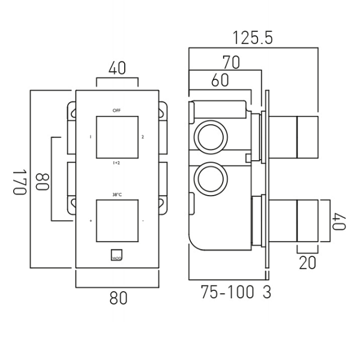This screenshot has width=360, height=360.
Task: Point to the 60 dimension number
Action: pos(220,80)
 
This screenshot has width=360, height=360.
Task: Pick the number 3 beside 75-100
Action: pos(267,293)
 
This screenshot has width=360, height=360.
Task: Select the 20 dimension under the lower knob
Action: pos(307,262)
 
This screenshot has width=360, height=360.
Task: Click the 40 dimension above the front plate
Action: pos(117,68)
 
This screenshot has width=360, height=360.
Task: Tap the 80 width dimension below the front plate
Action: pos(118,298)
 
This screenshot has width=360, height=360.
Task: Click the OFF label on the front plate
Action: pos(116,110)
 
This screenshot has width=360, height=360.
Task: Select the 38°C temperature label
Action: pos(117,194)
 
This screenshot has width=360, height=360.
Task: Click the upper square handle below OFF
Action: pos(117,137)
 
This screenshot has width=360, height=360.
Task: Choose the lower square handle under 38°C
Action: pos(117,220)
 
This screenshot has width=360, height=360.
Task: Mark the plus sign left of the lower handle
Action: pos(91,220)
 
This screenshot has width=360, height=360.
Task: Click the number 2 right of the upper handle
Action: pos(143,137)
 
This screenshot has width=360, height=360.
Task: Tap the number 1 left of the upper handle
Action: pos(91,137)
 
